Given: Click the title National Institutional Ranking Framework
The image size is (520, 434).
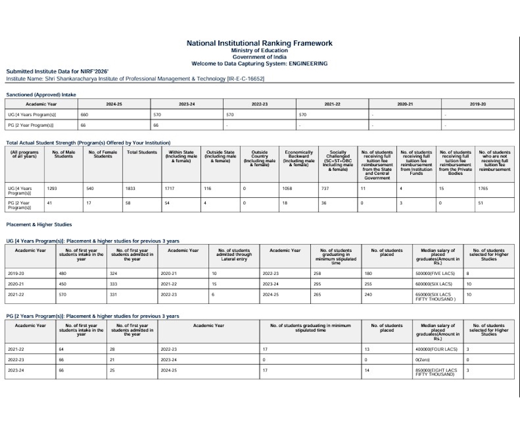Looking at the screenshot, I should click(259, 43).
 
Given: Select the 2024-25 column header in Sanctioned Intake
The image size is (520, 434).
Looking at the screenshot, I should click(114, 104).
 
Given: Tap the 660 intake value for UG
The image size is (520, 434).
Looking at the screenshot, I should click(84, 115).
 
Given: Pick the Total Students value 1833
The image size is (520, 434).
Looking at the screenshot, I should click(131, 188).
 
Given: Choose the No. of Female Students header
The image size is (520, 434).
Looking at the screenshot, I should click(103, 154).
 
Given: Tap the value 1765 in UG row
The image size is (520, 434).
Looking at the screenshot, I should click(484, 188).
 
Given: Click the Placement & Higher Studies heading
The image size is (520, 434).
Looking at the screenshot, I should click(39, 225).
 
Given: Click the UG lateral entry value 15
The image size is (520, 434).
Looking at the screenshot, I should click(214, 284).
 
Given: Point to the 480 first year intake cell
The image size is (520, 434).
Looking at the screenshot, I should click(63, 273).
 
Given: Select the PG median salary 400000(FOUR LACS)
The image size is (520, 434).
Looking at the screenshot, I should click(436, 350).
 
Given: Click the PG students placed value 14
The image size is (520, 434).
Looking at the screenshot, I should click(367, 370).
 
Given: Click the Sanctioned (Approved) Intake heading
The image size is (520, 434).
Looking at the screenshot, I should click(41, 94).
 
